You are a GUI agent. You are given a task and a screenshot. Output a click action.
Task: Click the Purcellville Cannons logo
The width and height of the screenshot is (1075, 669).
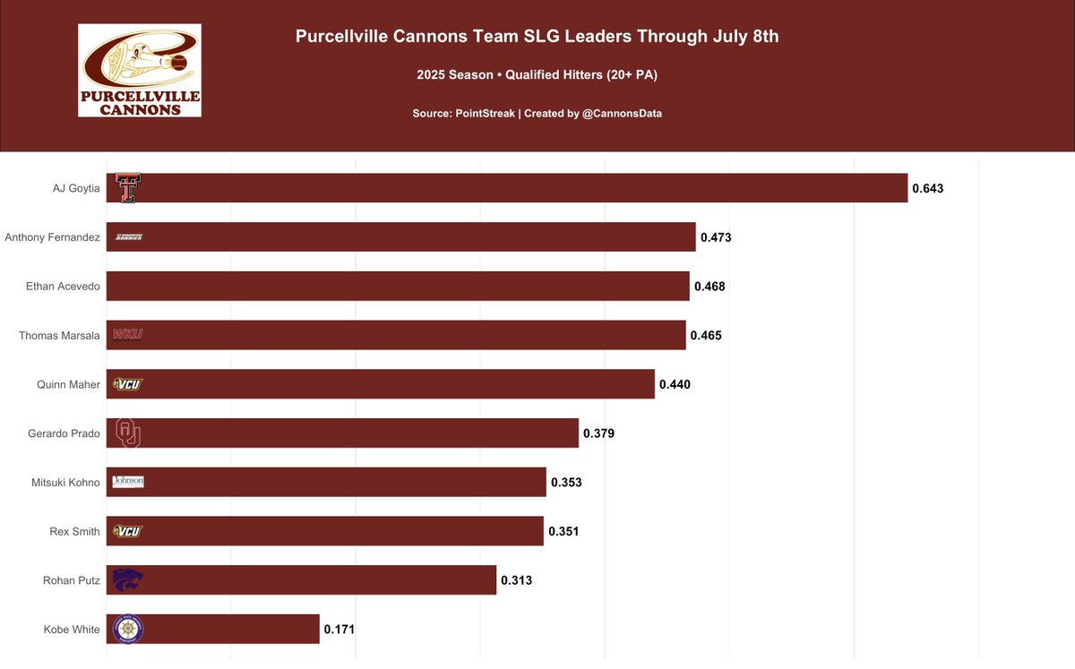tap(140, 70)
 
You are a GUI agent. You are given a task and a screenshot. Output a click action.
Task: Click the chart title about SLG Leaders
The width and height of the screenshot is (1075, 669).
tap(537, 37)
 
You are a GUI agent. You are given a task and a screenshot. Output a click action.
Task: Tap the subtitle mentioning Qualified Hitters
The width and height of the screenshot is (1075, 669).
tap(537, 75)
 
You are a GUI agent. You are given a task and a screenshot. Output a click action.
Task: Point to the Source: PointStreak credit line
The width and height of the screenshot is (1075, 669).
tap(537, 114)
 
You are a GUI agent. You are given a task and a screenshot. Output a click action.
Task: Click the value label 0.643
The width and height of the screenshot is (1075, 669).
tap(928, 189)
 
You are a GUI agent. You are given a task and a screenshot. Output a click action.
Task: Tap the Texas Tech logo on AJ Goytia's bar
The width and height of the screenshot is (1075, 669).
tap(128, 188)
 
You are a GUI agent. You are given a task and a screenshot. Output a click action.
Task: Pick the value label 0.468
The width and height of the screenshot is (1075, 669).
tap(709, 287)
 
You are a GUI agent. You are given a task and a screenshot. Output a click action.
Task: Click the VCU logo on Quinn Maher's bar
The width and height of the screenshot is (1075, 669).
tap(128, 384)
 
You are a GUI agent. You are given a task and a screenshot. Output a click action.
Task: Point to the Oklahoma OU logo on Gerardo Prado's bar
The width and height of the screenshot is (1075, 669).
tap(128, 433)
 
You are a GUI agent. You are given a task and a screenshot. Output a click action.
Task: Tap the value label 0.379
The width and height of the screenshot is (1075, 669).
tap(598, 433)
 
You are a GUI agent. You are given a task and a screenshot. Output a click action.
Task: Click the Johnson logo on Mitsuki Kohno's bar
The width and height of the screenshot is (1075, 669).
tap(128, 482)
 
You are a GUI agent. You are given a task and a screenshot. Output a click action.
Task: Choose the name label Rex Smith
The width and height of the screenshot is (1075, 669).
tap(74, 531)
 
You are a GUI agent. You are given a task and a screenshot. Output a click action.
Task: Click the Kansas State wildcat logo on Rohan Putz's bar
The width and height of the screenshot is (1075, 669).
tap(128, 579)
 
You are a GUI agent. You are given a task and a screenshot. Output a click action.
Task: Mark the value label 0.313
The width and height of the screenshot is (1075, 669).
tap(516, 580)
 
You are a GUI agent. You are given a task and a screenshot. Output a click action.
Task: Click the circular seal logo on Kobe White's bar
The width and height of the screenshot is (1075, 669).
tap(128, 629)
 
